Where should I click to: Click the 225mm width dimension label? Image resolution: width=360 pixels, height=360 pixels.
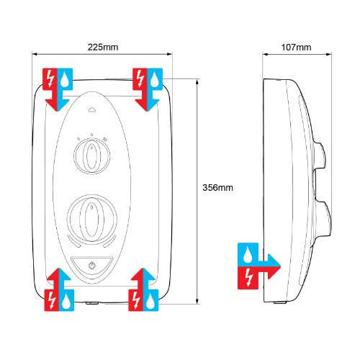(103, 47)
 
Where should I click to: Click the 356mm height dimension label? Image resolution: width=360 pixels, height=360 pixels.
(217, 187)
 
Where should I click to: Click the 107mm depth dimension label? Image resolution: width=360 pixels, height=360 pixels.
(296, 48)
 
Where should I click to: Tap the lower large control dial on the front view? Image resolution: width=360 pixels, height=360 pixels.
(92, 220)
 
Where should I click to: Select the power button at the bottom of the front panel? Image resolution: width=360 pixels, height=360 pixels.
(91, 266)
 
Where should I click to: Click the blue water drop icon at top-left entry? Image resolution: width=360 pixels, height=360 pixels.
(65, 79)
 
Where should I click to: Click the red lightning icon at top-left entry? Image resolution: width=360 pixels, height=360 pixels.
(50, 79)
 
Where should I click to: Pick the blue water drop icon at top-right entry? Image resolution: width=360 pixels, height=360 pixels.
(154, 79)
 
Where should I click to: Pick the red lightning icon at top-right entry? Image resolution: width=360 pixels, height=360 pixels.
(140, 79)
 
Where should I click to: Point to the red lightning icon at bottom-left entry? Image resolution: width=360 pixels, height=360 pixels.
(52, 300)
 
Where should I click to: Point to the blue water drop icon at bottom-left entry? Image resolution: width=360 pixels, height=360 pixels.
(66, 301)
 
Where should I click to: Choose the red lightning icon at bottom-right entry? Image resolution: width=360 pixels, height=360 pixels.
(136, 300)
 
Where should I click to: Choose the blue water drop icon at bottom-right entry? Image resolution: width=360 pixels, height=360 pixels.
(150, 301)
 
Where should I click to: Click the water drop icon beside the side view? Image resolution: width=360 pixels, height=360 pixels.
(247, 255)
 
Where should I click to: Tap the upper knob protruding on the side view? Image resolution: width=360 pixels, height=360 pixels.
(320, 156)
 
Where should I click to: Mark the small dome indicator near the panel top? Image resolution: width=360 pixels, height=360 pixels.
(92, 110)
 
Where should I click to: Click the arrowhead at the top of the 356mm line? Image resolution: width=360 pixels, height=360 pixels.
(197, 83)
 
